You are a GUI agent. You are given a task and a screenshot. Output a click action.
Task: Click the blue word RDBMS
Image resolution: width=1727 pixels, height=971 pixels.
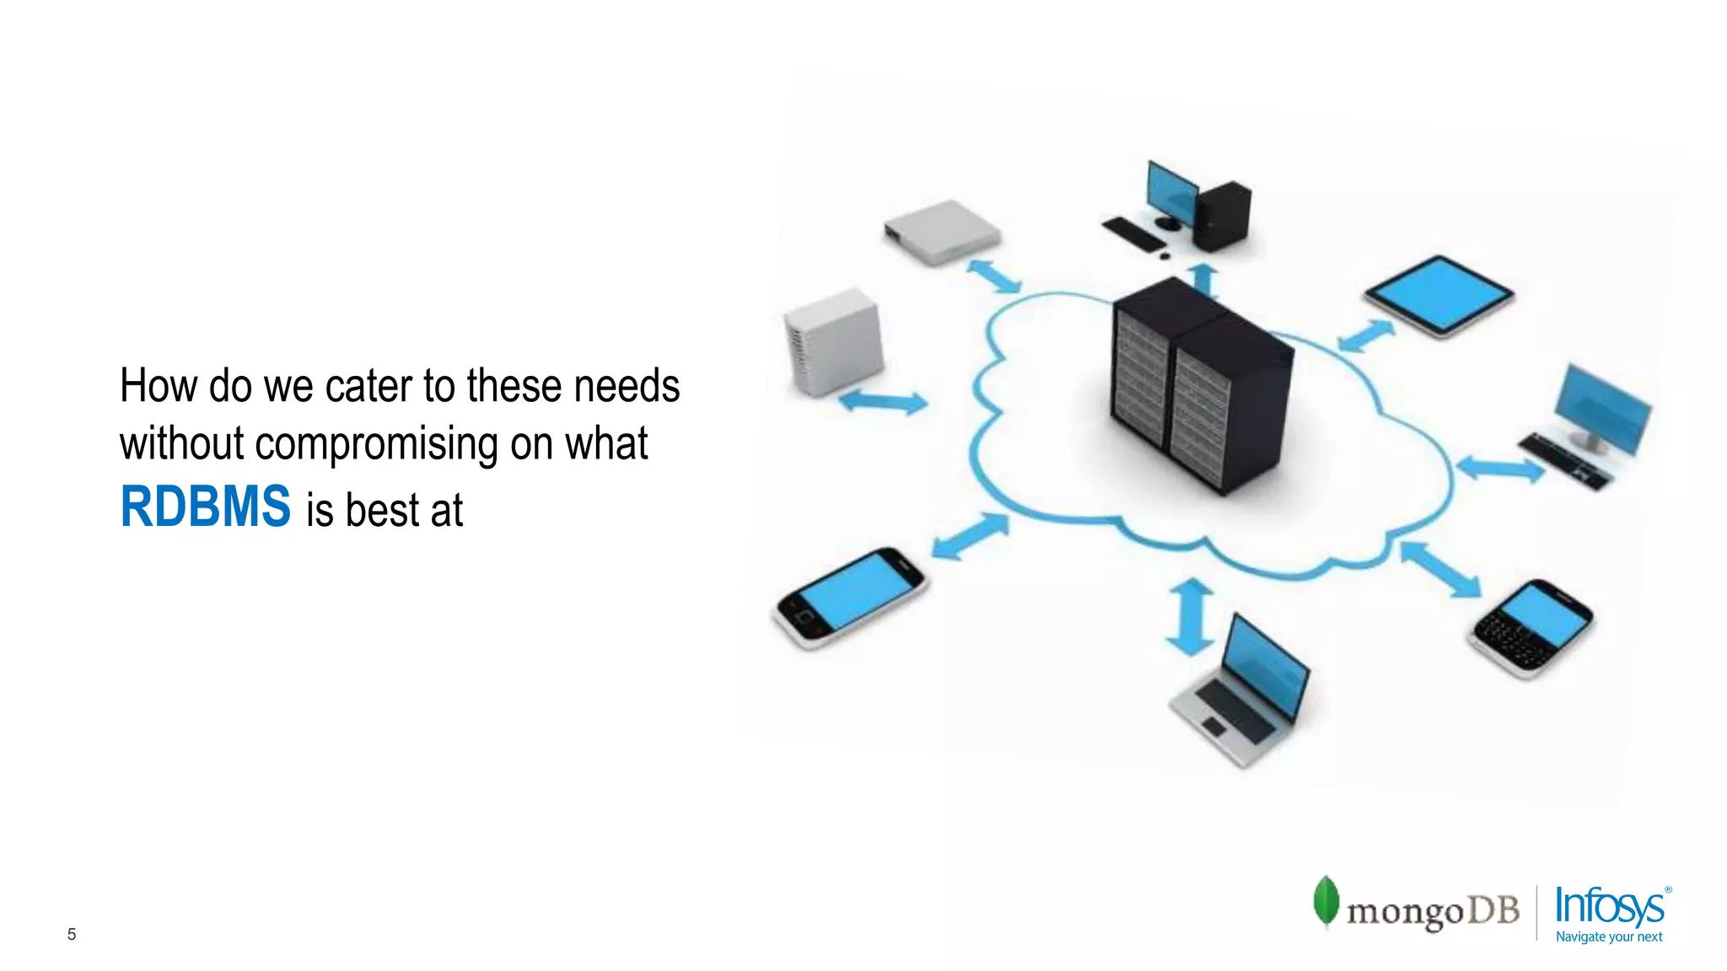pyautogui.click(x=205, y=507)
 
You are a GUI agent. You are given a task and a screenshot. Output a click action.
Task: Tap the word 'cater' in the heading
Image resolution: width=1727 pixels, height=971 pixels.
pyautogui.click(x=369, y=386)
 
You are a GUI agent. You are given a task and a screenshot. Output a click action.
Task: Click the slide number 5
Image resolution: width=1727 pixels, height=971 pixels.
pyautogui.click(x=72, y=934)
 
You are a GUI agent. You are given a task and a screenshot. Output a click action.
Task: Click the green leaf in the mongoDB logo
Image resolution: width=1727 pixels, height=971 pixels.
pyautogui.click(x=1326, y=901)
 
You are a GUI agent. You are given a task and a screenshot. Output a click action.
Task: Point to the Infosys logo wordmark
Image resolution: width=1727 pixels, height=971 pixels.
pyautogui.click(x=1609, y=906)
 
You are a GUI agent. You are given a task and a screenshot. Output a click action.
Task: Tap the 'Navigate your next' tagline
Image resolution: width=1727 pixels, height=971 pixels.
pyautogui.click(x=1608, y=936)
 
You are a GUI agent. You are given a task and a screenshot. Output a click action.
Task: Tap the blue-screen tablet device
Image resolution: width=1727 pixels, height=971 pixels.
pyautogui.click(x=1439, y=295)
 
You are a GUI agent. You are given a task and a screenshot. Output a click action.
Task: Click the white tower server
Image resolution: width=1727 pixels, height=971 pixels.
pyautogui.click(x=834, y=341)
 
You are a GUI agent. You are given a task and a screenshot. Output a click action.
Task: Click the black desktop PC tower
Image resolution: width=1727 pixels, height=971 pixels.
pyautogui.click(x=1222, y=216)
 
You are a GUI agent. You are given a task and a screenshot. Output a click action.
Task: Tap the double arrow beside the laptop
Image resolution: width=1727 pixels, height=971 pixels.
pyautogui.click(x=1190, y=617)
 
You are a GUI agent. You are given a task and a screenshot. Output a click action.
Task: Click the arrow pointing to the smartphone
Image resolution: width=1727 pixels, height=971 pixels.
pyautogui.click(x=970, y=536)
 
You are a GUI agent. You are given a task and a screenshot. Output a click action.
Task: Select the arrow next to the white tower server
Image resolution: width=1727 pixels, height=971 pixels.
pyautogui.click(x=883, y=401)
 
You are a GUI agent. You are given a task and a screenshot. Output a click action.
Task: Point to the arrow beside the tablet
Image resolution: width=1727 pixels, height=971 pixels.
pyautogui.click(x=1366, y=335)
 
